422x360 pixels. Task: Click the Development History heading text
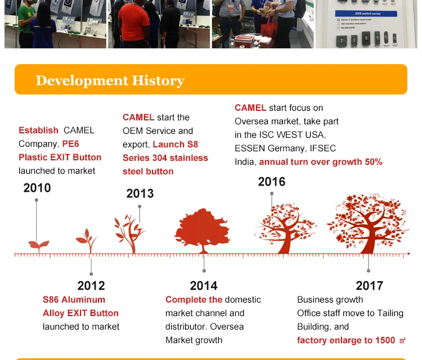pyautogui.click(x=110, y=80)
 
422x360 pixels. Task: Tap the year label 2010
pyautogui.click(x=37, y=188)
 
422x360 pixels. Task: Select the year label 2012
pyautogui.click(x=91, y=286)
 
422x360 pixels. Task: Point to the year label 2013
pyautogui.click(x=140, y=193)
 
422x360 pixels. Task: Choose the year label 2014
pyautogui.click(x=204, y=286)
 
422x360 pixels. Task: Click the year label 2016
pyautogui.click(x=272, y=182)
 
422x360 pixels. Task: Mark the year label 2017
pyautogui.click(x=369, y=286)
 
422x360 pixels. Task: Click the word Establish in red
pyautogui.click(x=38, y=130)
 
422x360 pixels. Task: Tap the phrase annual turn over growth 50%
pyautogui.click(x=321, y=162)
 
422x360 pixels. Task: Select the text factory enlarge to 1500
pyautogui.click(x=346, y=340)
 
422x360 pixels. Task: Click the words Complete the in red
pyautogui.click(x=194, y=299)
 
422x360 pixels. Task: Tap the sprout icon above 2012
pyautogui.click(x=87, y=240)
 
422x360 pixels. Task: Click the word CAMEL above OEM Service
pyautogui.click(x=138, y=117)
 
